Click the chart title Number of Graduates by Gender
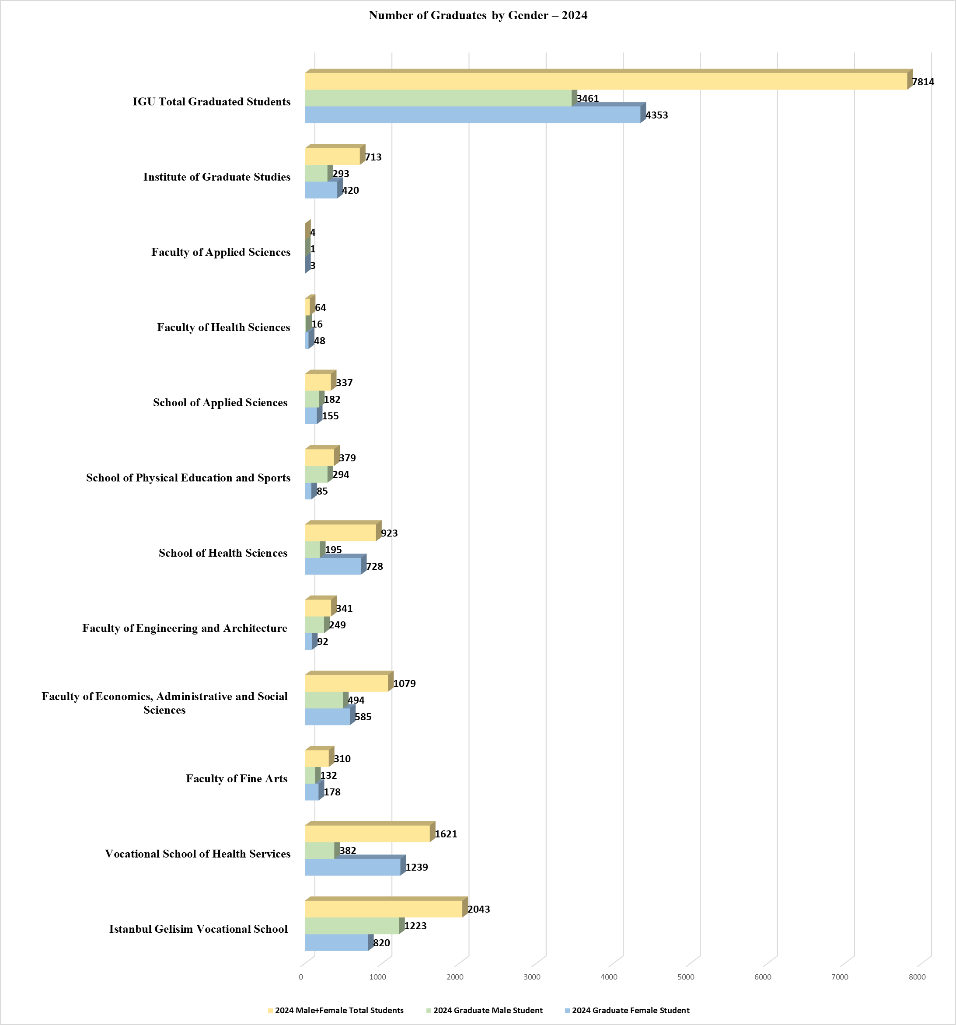pyautogui.click(x=478, y=15)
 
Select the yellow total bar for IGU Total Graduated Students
pyautogui.click(x=605, y=81)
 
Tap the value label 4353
pyautogui.click(x=656, y=115)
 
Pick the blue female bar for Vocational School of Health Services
pyautogui.click(x=352, y=868)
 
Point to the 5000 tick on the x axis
pyautogui.click(x=686, y=977)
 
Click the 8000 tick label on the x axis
pyautogui.click(x=917, y=977)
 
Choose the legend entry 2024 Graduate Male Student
pyautogui.click(x=487, y=1011)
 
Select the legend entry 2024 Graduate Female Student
pyautogui.click(x=630, y=1011)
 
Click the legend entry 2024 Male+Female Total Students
pyautogui.click(x=339, y=1011)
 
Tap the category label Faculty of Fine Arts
pyautogui.click(x=237, y=778)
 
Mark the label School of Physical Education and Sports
pyautogui.click(x=188, y=478)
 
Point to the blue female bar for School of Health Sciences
pyautogui.click(x=333, y=567)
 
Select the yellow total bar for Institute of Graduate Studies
pyautogui.click(x=332, y=157)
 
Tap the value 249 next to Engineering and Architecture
pyautogui.click(x=337, y=625)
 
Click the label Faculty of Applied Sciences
pyautogui.click(x=221, y=252)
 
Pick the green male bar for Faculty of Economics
pyautogui.click(x=324, y=700)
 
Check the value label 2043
pyautogui.click(x=478, y=910)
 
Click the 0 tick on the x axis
pyautogui.click(x=300, y=977)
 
